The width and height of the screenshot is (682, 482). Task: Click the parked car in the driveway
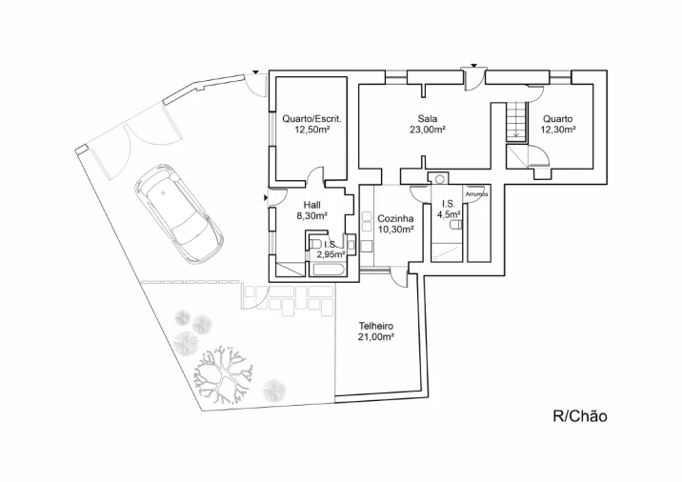tap(179, 213)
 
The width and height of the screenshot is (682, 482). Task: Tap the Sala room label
tap(428, 118)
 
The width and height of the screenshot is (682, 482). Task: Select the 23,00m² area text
tap(428, 130)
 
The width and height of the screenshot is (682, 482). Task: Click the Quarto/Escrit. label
tap(311, 119)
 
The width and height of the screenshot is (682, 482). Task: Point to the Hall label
tap(311, 205)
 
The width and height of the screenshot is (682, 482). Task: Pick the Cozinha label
tap(395, 219)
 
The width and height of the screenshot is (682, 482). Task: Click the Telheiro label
tap(376, 326)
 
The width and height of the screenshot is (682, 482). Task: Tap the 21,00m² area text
tap(376, 336)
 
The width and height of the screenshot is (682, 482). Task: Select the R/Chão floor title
tap(580, 416)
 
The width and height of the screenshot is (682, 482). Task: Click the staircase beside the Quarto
tap(516, 120)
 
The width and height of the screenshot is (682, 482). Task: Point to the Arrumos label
tap(476, 194)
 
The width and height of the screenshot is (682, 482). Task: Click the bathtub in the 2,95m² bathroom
tap(329, 270)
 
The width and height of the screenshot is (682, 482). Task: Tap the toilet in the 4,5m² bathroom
tap(455, 226)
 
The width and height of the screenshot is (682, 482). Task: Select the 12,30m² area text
tap(558, 130)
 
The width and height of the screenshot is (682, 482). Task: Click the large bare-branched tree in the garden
tap(223, 376)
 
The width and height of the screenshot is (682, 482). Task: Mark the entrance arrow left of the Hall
tap(266, 198)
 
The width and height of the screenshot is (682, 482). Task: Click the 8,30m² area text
tap(311, 215)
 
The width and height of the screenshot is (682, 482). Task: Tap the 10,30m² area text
tap(395, 230)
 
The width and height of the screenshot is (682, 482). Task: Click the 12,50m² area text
tap(311, 130)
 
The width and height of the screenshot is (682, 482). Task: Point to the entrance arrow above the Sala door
tap(473, 66)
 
